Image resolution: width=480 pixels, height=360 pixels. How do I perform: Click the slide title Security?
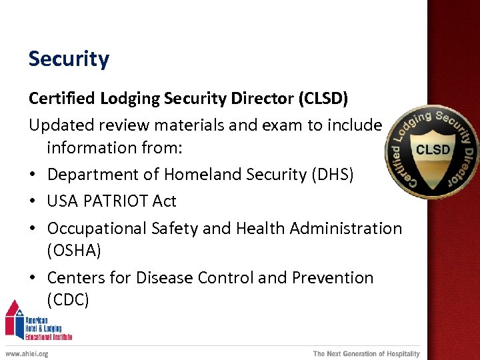coord(69,59)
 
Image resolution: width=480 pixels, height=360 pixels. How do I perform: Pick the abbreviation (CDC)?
coord(68,300)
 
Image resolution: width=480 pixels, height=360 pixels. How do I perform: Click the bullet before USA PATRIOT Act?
coord(33,201)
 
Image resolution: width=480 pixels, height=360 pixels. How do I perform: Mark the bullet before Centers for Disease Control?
coord(33,278)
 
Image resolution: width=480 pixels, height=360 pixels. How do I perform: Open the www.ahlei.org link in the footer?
coord(27,353)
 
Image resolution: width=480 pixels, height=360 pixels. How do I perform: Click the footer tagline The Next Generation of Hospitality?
coord(367,353)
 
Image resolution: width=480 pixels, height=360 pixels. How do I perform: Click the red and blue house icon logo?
coord(15,319)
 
